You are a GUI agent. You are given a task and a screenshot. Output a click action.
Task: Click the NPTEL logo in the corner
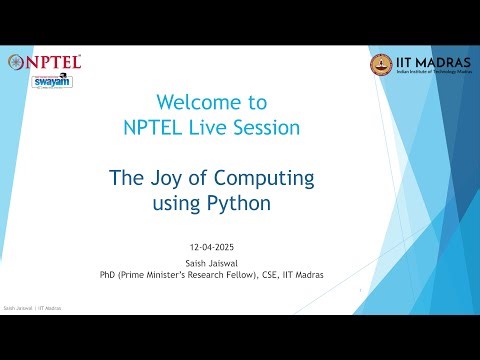click(x=45, y=62)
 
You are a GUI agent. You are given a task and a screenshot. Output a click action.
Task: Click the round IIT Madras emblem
click(x=381, y=65)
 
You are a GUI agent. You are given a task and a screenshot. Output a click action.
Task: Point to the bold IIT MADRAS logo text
click(x=429, y=61)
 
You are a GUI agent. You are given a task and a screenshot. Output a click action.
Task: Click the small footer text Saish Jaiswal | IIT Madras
click(x=33, y=309)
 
